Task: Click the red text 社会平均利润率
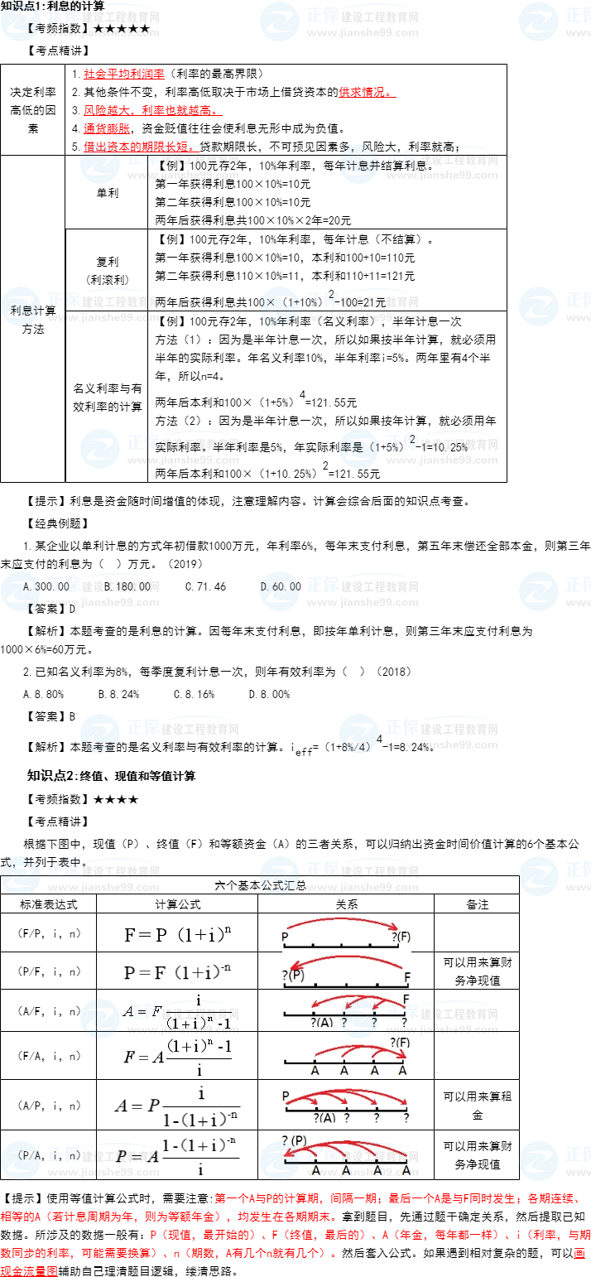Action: [x=123, y=75]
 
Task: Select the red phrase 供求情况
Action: [x=365, y=92]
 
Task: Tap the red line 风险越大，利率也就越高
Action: [x=151, y=110]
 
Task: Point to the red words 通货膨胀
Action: [x=107, y=128]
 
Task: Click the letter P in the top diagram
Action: [x=286, y=937]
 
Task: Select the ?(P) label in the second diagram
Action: [x=294, y=975]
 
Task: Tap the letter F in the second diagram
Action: [x=406, y=977]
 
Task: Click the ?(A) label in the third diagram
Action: [x=322, y=1022]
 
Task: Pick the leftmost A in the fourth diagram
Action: [x=315, y=1070]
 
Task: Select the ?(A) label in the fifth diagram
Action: [x=324, y=1117]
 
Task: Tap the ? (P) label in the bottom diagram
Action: [x=295, y=1140]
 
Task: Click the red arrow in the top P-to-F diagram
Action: [x=344, y=920]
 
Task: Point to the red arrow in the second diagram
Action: [x=344, y=960]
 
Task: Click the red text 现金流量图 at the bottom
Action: [x=29, y=1270]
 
